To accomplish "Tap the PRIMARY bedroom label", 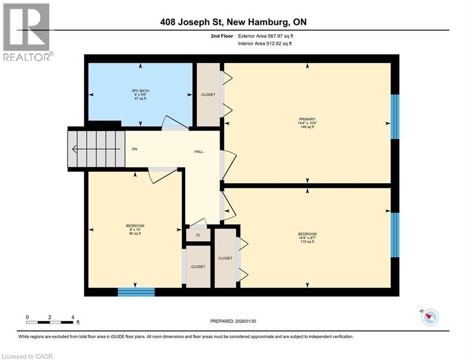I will (x=307, y=119).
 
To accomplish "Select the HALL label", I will (x=199, y=151).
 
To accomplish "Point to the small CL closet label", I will (x=198, y=235).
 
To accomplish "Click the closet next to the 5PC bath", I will (x=208, y=95).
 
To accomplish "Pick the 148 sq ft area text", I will (x=307, y=127).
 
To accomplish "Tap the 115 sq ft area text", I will (x=307, y=242).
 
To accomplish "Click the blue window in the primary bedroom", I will (x=395, y=117).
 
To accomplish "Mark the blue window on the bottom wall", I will (x=136, y=292).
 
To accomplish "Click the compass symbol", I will (x=429, y=317).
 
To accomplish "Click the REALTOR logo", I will (x=27, y=32).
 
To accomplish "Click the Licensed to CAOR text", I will (x=28, y=356).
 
